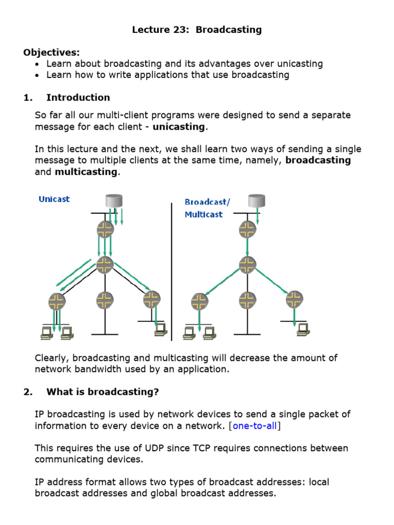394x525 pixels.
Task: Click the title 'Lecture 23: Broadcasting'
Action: (197, 30)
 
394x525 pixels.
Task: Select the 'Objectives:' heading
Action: (51, 52)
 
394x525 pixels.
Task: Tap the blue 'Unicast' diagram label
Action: (54, 199)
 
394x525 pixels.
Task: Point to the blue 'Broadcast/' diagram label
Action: (207, 202)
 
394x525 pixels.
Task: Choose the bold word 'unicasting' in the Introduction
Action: (179, 127)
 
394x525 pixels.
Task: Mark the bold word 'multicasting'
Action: (86, 172)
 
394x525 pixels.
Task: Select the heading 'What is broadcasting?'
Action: (103, 392)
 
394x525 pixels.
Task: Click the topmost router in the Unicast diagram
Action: (105, 229)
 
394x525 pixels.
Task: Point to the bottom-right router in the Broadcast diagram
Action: (294, 299)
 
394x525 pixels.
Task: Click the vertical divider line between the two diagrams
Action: (171, 272)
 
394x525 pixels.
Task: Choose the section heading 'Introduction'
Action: (78, 97)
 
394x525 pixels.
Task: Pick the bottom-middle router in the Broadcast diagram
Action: (248, 299)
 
